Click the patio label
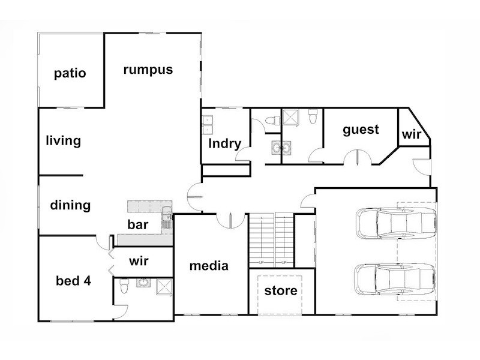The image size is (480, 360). (70, 73)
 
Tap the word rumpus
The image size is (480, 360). (148, 70)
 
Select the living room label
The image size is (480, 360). (64, 141)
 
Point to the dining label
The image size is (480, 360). (70, 205)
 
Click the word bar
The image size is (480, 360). (138, 224)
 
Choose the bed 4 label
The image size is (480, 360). (73, 281)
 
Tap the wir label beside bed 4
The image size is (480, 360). (139, 261)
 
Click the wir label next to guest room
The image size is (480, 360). (412, 134)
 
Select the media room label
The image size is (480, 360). (209, 266)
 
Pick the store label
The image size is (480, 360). (281, 291)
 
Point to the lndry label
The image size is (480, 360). (224, 143)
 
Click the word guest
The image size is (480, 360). (361, 130)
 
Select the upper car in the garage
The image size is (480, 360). (396, 223)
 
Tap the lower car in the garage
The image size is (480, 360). (395, 279)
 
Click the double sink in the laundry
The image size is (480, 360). (208, 125)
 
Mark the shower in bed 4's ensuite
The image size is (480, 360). (164, 287)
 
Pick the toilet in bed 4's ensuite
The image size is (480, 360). (124, 286)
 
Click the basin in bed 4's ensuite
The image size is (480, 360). (143, 283)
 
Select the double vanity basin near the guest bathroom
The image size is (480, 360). (281, 148)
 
